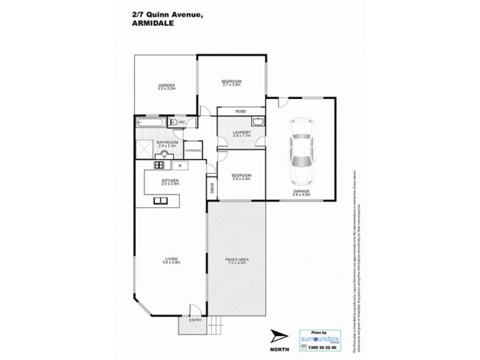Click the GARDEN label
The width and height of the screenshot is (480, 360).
[x=166, y=87]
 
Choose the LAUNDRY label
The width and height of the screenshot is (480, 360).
[x=233, y=134]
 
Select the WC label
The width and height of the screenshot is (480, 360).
[x=181, y=122]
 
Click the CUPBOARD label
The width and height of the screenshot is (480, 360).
[x=193, y=151]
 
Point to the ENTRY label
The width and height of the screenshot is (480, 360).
[x=196, y=320]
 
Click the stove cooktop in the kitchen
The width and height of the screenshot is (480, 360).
[x=160, y=165]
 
